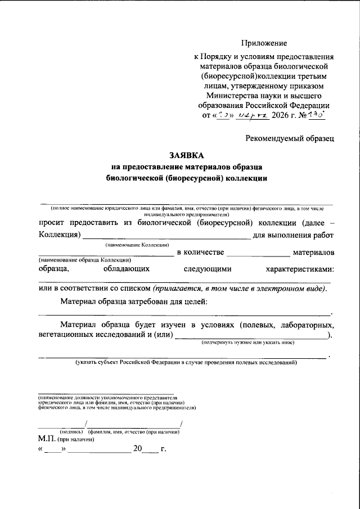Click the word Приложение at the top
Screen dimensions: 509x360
coord(264,43)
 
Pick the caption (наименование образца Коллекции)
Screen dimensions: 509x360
coord(85,260)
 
